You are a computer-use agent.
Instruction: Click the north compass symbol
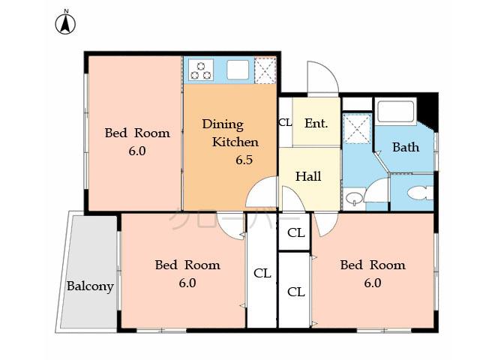click(65, 24)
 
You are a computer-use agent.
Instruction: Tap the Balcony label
click(90, 286)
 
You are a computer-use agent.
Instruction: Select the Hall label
click(308, 177)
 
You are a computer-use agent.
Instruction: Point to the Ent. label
click(316, 123)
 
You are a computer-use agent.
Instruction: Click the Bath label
click(406, 147)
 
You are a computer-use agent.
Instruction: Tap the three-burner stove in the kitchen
click(201, 70)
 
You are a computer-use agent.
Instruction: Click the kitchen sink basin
click(238, 70)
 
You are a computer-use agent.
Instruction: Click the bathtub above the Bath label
click(396, 112)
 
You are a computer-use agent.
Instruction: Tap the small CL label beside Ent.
click(285, 123)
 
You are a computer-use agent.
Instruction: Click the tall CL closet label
click(262, 273)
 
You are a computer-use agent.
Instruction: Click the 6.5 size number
click(244, 160)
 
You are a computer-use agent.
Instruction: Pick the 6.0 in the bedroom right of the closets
click(373, 283)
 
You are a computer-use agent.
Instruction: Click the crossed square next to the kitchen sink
click(265, 70)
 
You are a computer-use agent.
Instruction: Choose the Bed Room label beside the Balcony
click(187, 265)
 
